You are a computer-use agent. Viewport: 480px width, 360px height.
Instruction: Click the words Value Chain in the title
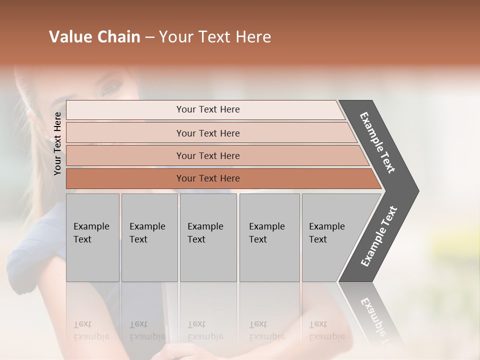(94, 37)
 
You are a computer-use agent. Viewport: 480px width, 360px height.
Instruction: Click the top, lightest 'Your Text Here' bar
(207, 109)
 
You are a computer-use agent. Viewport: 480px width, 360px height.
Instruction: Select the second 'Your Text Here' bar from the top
(207, 133)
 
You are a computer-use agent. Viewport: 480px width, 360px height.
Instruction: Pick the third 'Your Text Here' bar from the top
(207, 155)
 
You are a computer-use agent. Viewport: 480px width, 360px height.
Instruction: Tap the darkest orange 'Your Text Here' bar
(207, 178)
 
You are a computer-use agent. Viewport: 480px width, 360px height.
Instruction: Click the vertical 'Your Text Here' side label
(57, 143)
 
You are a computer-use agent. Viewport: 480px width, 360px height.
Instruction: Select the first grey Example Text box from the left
(92, 237)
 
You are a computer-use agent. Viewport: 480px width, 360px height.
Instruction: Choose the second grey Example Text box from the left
(149, 237)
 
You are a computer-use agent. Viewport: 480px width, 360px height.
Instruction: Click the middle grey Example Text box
(208, 237)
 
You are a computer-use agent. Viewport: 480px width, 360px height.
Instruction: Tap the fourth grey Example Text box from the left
(269, 237)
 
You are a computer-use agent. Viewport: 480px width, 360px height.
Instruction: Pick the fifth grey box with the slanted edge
(330, 237)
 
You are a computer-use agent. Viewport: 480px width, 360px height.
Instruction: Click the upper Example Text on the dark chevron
(378, 142)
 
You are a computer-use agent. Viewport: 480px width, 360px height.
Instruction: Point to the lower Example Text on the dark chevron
(379, 236)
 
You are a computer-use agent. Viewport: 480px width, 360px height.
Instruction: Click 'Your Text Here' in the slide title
(215, 37)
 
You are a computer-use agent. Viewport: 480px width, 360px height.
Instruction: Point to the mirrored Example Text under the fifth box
(326, 330)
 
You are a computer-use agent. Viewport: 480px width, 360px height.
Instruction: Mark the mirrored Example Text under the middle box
(205, 330)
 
